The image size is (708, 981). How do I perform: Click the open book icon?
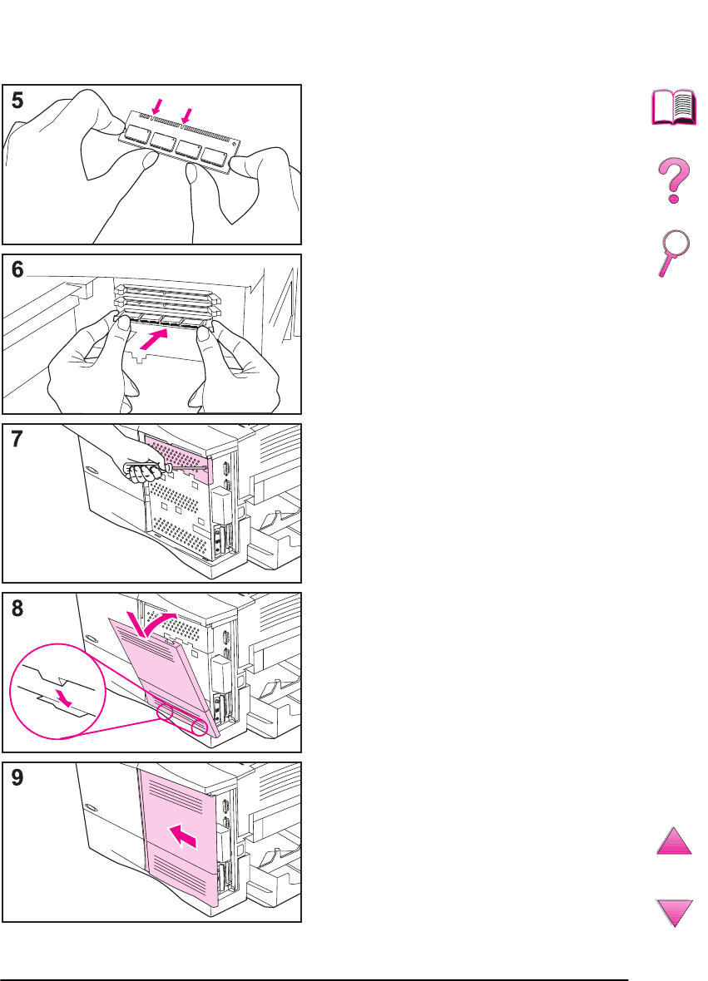674,107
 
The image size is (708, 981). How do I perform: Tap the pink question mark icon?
674,180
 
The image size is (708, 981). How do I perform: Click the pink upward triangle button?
674,841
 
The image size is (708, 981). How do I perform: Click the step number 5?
17,100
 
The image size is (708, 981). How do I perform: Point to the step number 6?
17,269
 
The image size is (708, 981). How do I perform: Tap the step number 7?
17,439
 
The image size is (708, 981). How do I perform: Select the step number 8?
17,608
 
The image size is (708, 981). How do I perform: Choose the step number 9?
17,777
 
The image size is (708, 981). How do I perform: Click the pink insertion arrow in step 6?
154,339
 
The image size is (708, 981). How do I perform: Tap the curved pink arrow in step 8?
153,624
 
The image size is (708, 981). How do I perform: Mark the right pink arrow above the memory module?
186,115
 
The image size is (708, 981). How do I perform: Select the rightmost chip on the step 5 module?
214,157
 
